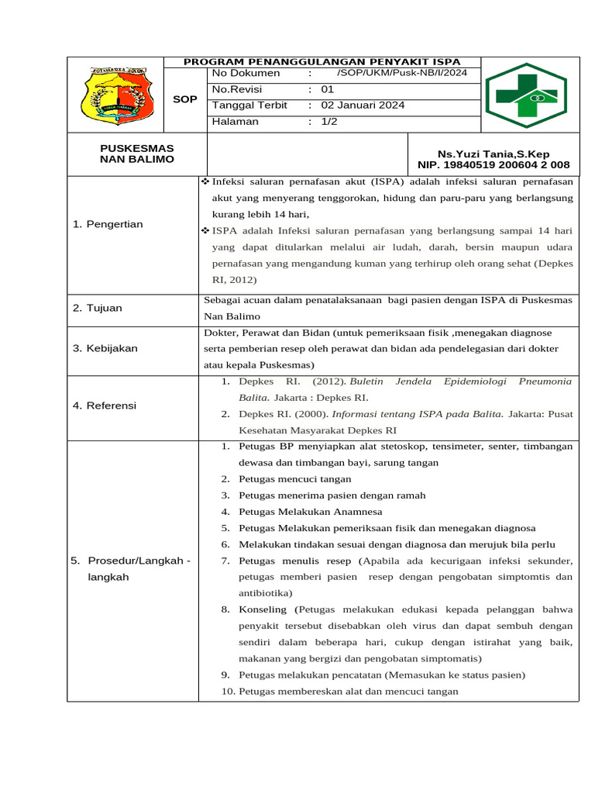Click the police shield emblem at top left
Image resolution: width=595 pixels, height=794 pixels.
click(115, 95)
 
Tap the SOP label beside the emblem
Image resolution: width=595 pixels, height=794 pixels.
click(184, 99)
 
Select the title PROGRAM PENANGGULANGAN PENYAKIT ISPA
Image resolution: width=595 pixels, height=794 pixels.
click(322, 61)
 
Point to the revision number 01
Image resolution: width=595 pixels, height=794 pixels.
click(327, 89)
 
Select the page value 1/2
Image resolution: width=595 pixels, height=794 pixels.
click(329, 122)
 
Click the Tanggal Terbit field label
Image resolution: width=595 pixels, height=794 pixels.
click(249, 105)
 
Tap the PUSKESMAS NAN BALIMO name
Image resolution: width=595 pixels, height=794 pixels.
click(136, 154)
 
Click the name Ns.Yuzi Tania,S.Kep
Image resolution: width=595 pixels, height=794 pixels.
click(494, 154)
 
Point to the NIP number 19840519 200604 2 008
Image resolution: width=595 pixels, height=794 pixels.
click(494, 165)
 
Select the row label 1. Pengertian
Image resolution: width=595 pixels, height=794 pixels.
click(108, 224)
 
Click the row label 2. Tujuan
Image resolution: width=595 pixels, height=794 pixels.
click(98, 308)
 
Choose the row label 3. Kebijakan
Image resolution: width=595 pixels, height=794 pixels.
click(105, 348)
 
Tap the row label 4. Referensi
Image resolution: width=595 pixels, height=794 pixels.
click(105, 406)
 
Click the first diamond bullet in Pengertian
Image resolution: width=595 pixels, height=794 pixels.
click(206, 181)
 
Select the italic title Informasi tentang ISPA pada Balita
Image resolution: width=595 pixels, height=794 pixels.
click(418, 414)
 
